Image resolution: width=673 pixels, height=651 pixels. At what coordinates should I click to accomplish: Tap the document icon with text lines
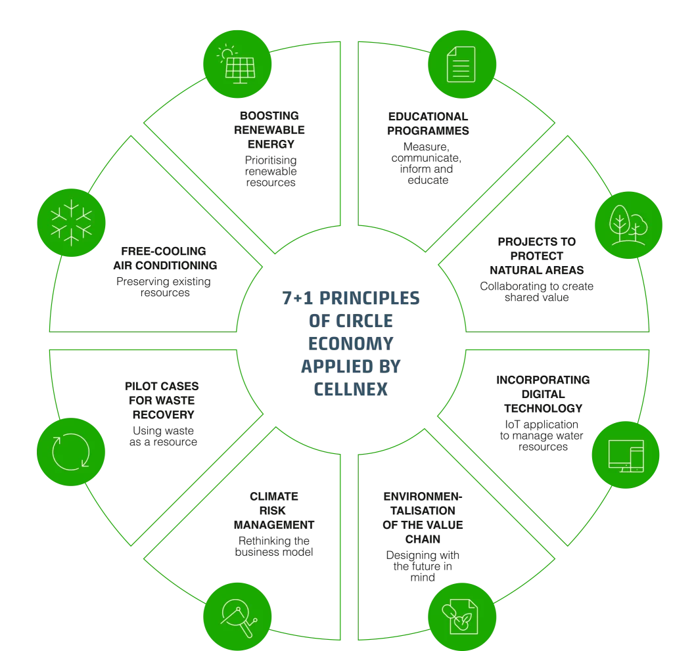(x=461, y=65)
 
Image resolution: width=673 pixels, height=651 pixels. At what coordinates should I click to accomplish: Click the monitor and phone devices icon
(x=626, y=454)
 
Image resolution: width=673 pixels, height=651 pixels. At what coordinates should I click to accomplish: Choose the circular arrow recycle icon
(x=70, y=453)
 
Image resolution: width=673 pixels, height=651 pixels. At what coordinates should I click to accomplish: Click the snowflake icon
(x=70, y=223)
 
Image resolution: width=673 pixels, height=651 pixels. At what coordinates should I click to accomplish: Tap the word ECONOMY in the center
(x=349, y=344)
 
